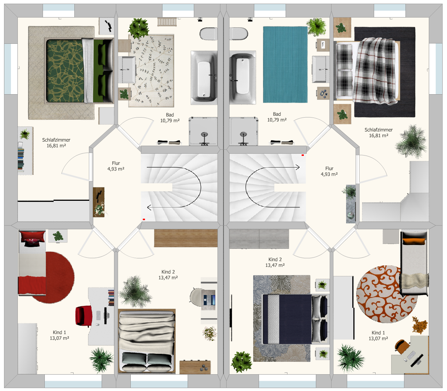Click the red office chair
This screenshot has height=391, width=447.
[84, 316]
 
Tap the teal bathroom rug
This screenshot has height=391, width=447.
[285, 65]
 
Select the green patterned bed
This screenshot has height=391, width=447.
[79, 70]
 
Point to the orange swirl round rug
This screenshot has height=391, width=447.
[387, 294]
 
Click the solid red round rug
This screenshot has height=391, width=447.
[54, 277]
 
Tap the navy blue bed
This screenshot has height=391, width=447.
[295, 319]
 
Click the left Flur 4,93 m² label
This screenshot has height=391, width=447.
[116, 166]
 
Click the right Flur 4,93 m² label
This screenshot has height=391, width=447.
[329, 171]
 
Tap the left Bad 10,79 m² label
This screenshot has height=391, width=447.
[170, 118]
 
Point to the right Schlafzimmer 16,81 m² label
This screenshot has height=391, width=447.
[379, 133]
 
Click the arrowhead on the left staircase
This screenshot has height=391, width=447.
[149, 207]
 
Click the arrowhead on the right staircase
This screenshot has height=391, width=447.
[298, 167]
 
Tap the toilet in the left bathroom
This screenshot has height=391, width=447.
[208, 34]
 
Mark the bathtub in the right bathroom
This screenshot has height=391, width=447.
[243, 77]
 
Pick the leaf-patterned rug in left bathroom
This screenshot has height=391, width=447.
[151, 70]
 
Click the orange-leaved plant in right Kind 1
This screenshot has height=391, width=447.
[419, 325]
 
